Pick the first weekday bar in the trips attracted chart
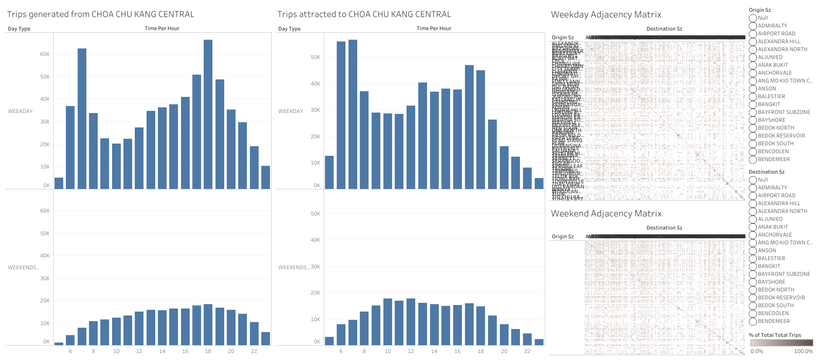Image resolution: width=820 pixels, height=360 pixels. coord(329,172)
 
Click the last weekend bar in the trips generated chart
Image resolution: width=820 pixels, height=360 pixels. coord(266,339)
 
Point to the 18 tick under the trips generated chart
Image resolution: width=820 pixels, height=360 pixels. coord(208,351)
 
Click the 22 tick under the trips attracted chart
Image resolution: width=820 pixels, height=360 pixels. coord(527,351)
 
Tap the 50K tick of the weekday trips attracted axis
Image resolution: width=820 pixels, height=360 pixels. coord(315,57)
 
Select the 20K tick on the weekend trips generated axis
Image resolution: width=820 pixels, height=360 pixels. coord(45,301)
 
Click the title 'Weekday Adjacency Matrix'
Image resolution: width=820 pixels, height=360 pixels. coord(606,14)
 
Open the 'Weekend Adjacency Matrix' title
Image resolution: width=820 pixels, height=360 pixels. coord(606,213)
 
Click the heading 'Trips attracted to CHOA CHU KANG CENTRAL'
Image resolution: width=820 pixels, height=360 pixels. coord(364,14)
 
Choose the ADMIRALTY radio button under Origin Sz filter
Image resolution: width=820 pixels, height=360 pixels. coord(753,26)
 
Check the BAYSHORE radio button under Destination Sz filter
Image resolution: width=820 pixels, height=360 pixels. coord(753,282)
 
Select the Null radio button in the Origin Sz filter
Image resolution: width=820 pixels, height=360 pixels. coord(753,18)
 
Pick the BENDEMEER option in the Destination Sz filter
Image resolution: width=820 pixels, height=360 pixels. coord(753,321)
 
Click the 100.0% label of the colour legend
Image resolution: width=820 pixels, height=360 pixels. coord(803,351)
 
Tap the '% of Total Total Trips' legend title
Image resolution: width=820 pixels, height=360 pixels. coord(775,335)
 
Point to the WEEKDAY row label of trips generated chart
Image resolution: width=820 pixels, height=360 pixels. coord(20,111)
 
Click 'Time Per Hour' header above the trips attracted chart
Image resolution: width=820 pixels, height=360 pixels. coord(434,28)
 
